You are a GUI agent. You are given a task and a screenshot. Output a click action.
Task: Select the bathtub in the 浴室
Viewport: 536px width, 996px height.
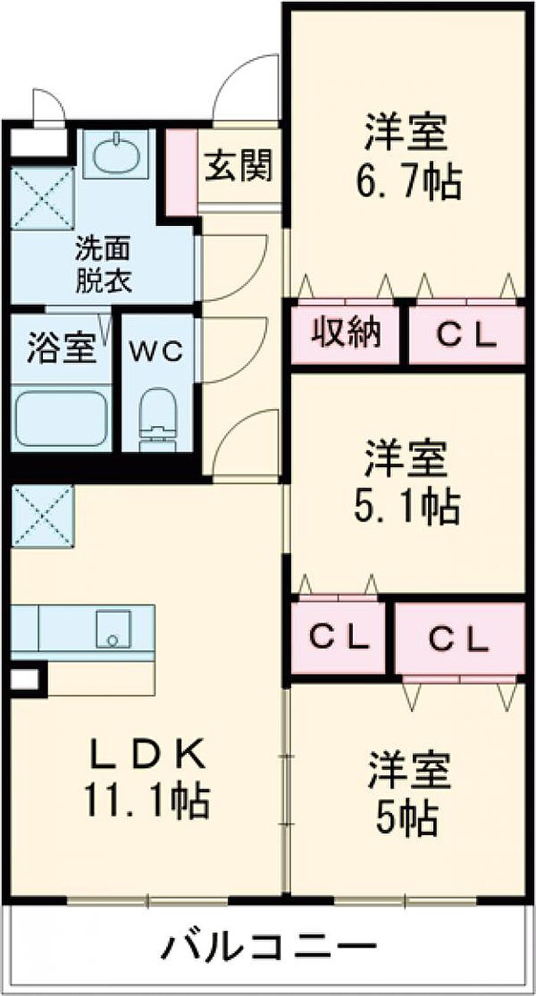click(62, 418)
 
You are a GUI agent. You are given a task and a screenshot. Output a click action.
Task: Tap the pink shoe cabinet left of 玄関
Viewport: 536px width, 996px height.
click(181, 172)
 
